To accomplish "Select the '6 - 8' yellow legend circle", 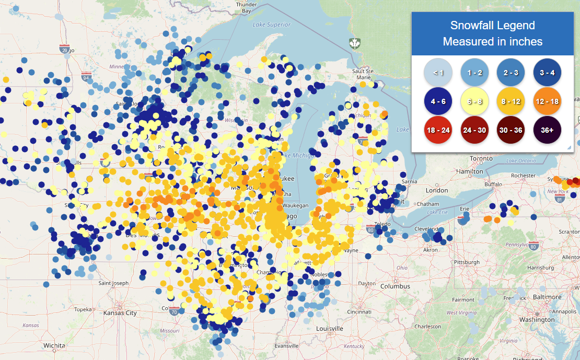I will (x=474, y=101).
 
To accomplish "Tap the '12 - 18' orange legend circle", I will (x=547, y=101).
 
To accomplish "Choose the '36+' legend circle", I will (x=547, y=130).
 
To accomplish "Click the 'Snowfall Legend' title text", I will (x=492, y=26).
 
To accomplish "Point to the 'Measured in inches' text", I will (x=492, y=41).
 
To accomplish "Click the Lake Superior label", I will (x=271, y=25).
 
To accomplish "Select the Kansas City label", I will (x=120, y=313).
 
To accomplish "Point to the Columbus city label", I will (x=395, y=286).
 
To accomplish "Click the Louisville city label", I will (x=330, y=329).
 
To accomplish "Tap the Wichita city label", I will (x=54, y=345).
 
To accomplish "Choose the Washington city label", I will (x=537, y=319).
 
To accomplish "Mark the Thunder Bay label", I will (x=246, y=7).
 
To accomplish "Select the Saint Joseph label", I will (x=113, y=283).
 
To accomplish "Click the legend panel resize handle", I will (x=569, y=148).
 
